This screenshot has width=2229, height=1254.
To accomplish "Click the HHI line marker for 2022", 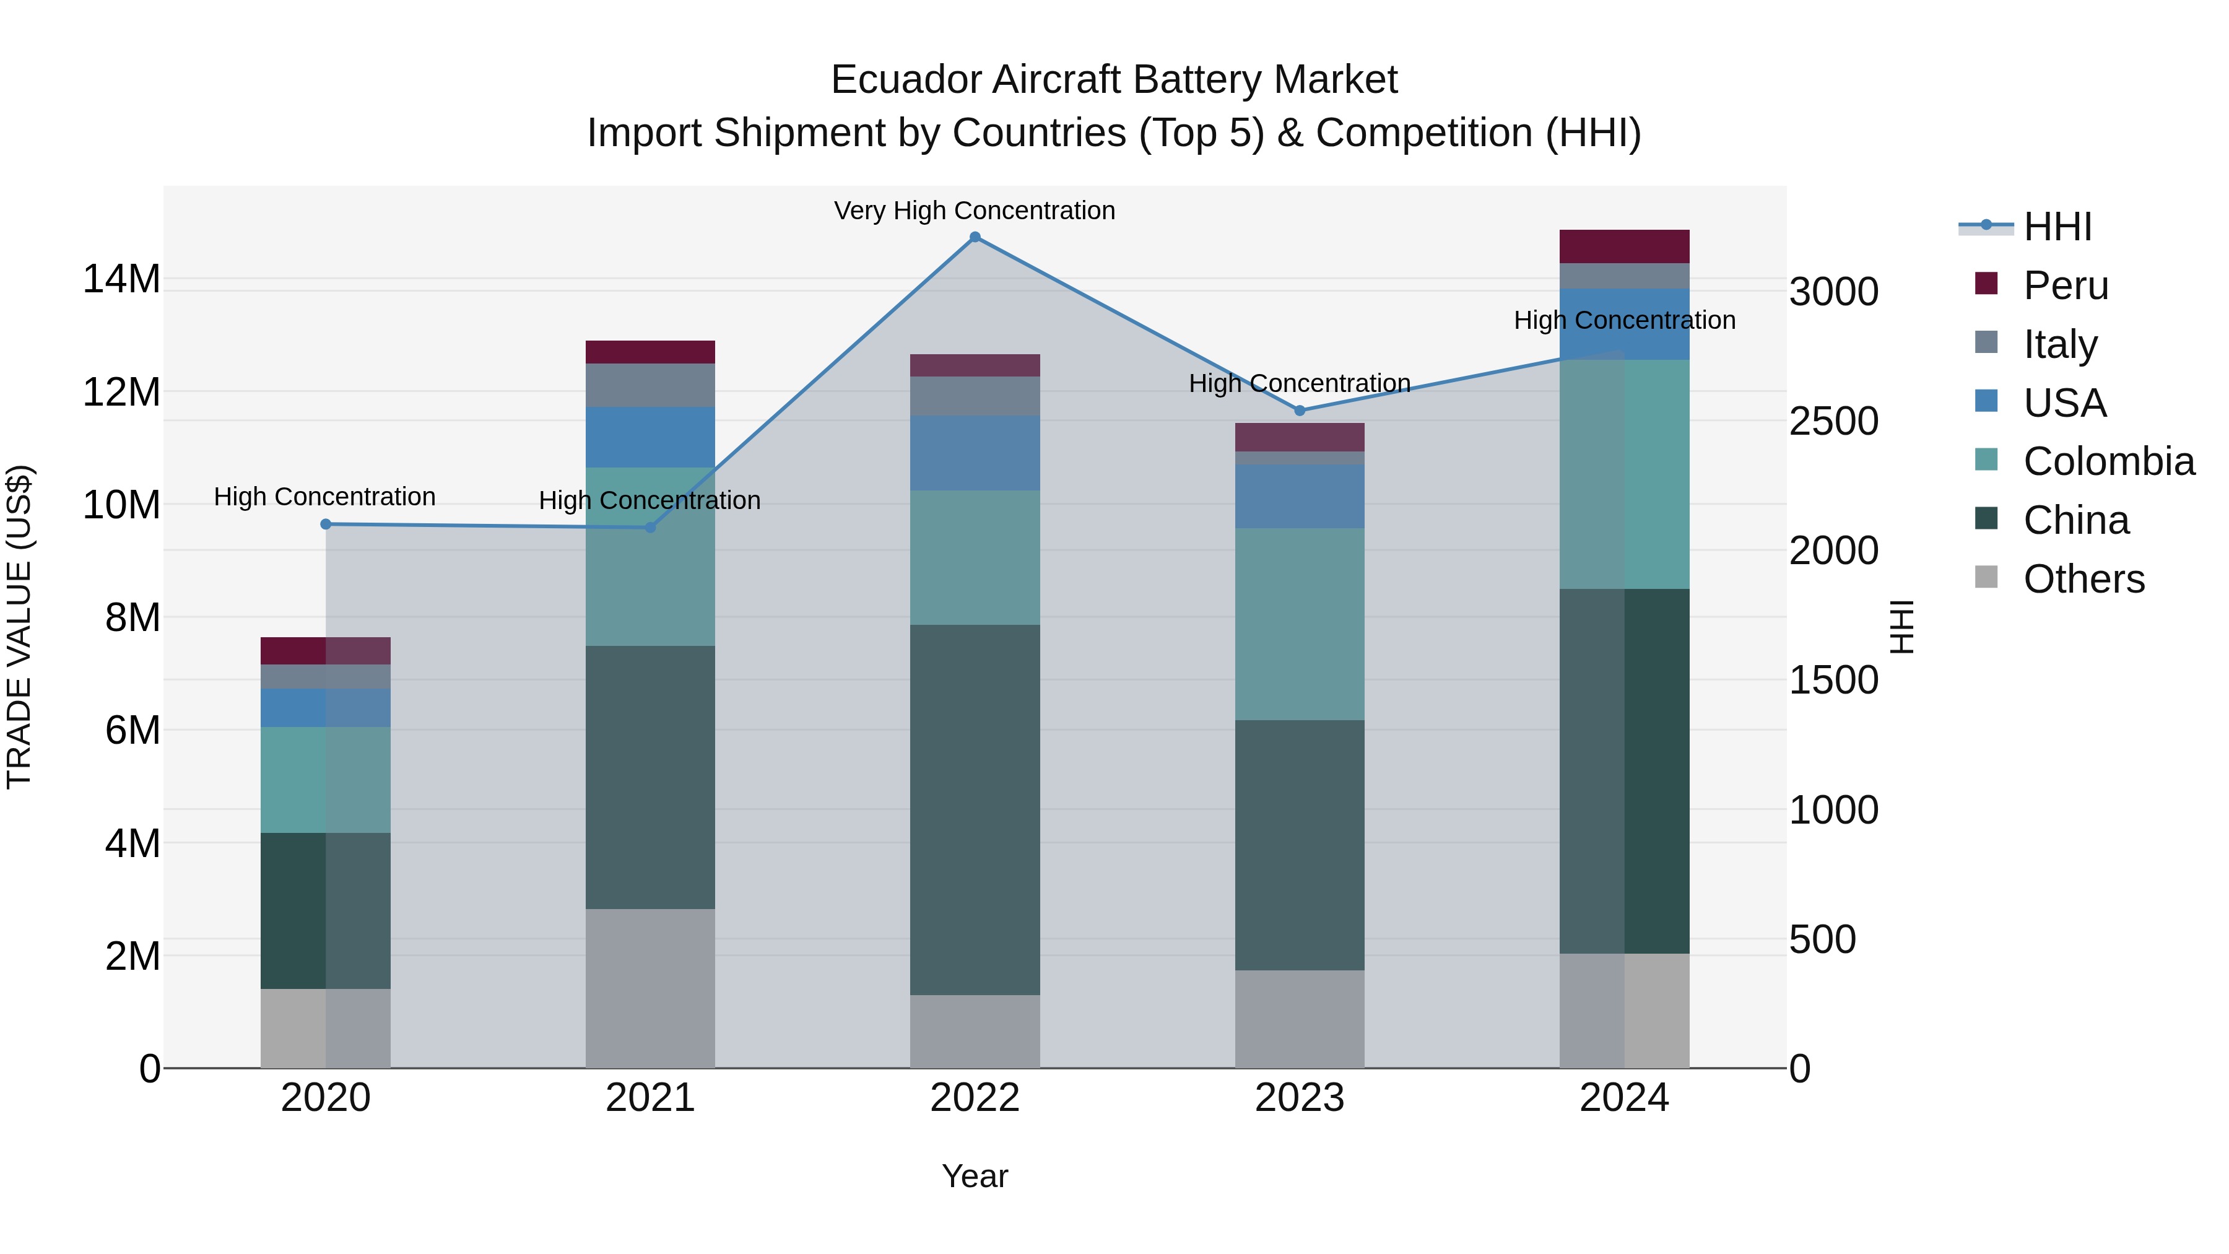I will point(975,237).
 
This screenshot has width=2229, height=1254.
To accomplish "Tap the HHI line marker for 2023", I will point(1299,410).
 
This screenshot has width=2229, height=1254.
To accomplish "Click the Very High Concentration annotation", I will point(975,211).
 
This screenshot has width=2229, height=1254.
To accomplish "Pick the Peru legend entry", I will point(2066,285).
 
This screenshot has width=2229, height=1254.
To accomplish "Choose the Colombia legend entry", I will point(2108,461).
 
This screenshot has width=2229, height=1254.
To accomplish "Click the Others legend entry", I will point(2083,579).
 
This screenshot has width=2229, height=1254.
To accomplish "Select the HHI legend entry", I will point(2057,227).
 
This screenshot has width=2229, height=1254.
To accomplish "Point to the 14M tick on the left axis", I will point(121,279).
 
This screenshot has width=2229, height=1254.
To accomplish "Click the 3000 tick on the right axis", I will point(1833,292).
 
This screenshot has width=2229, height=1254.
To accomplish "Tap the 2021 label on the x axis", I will point(650,1098).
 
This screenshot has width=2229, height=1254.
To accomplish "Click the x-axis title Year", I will point(975,1176).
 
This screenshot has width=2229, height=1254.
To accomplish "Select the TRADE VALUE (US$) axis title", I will point(19,627).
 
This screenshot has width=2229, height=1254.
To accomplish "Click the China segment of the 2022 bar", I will point(975,809).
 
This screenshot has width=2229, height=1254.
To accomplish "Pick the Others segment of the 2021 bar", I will point(650,988).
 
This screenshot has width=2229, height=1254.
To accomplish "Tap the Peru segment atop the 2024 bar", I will point(1623,246).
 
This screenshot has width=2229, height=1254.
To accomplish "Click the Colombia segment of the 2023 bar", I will point(1299,624).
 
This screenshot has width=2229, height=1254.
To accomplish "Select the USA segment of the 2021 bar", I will point(650,437).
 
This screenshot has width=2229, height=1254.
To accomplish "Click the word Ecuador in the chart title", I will point(905,80).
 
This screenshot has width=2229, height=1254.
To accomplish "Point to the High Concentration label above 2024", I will point(1623,320).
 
